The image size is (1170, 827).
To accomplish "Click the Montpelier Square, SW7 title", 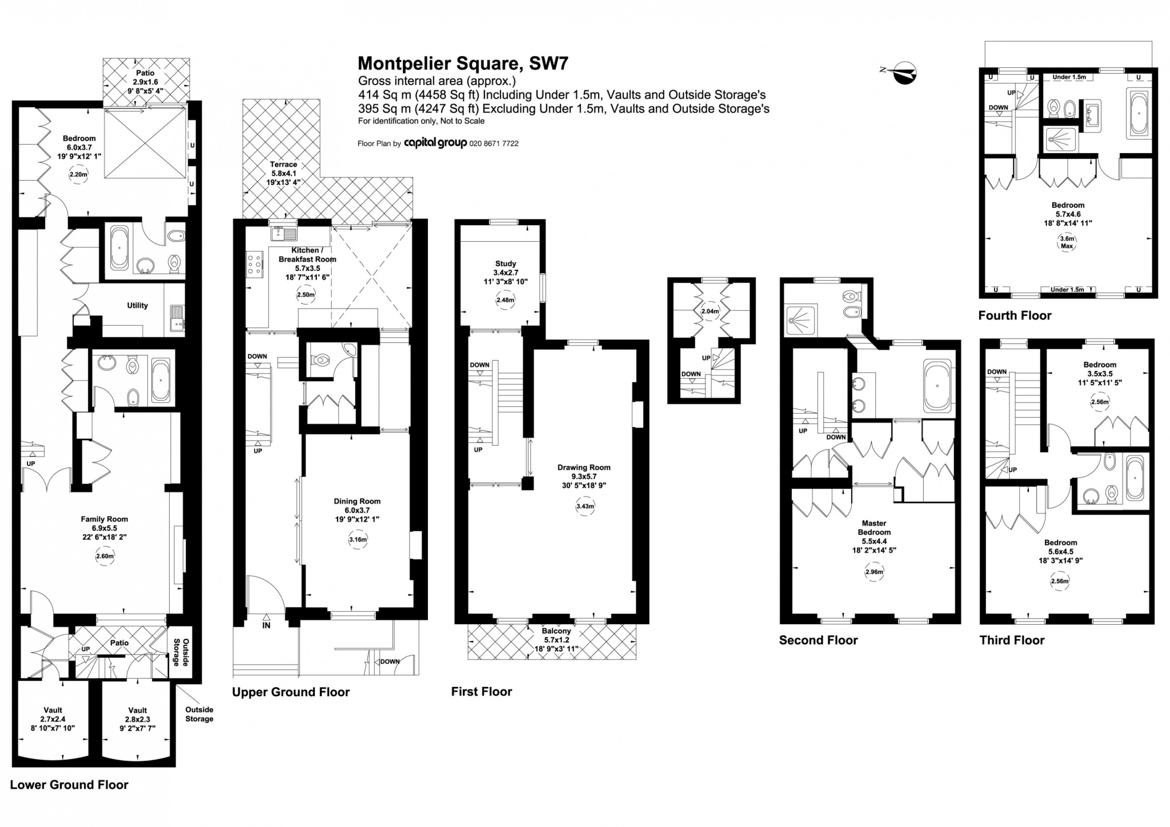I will tap(463, 63).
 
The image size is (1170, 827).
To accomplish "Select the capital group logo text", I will tap(435, 143).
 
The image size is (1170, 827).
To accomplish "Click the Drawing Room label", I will tap(584, 468).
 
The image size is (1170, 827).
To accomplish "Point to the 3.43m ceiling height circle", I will tap(586, 506).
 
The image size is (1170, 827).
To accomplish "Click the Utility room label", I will tap(137, 306).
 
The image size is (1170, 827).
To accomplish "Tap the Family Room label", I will tap(104, 520).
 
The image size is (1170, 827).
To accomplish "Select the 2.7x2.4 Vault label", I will tap(53, 719).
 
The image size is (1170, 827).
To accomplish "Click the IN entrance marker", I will tap(266, 625).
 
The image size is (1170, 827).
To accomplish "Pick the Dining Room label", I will tap(357, 501).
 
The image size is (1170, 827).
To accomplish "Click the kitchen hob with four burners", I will tap(255, 264).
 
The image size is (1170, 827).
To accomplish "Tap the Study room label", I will tap(506, 263).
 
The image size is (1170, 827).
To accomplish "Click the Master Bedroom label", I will tap(874, 528).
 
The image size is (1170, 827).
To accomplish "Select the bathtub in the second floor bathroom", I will tap(937, 386).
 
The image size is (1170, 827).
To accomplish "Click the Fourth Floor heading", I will tap(1015, 315).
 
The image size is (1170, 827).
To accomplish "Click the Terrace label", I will tap(283, 165).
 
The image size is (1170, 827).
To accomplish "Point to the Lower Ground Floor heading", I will tap(69, 785).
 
